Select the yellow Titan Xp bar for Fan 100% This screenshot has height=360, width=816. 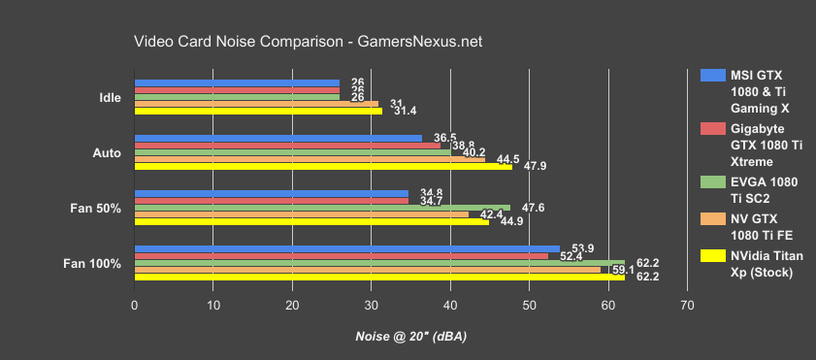coord(378,277)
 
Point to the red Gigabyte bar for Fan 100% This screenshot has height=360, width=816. coord(341,256)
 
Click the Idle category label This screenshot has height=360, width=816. coord(110,97)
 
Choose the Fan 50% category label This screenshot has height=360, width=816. coord(102,208)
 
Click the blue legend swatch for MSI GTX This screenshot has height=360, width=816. coord(712,75)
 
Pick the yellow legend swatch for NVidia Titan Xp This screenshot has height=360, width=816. coord(712,257)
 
